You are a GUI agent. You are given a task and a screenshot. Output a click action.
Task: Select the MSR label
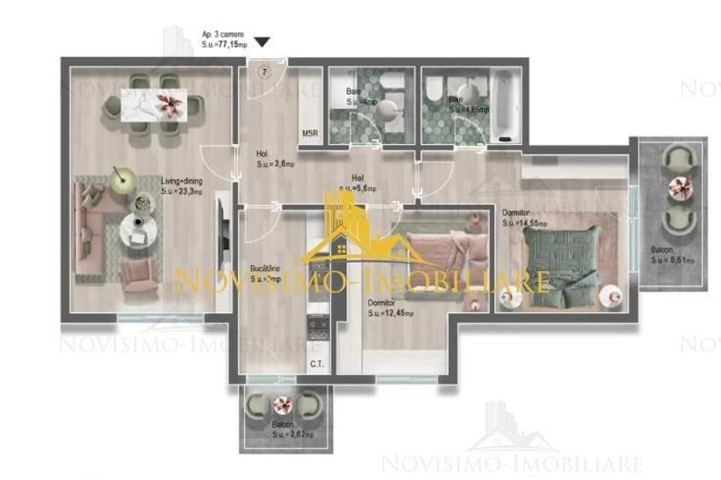(310, 134)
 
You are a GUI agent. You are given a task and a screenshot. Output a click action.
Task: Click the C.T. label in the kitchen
(316, 364)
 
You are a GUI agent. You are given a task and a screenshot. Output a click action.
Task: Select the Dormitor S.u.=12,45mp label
(391, 308)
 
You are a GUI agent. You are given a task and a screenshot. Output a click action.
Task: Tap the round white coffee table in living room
(134, 229)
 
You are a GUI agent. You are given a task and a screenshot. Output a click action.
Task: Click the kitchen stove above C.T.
(318, 331)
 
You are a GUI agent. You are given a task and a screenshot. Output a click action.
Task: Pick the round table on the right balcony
(681, 186)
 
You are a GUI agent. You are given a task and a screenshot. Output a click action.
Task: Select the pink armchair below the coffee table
(139, 274)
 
